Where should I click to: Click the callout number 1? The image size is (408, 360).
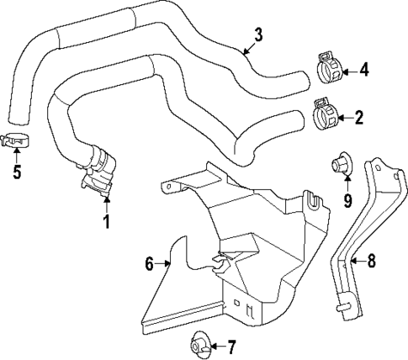[106, 223]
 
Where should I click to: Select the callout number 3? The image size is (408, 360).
[259, 35]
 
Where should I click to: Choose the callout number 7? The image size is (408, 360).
[233, 346]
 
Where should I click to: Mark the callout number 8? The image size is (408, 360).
[371, 262]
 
